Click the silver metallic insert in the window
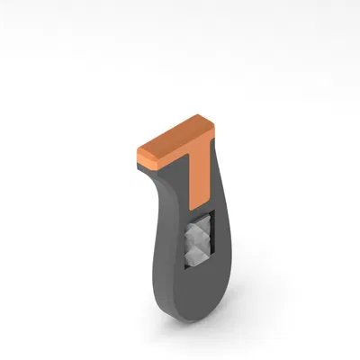[x=196, y=242]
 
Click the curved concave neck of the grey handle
[x=162, y=193]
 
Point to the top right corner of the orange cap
[x=212, y=126]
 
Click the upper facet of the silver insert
[x=196, y=232]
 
